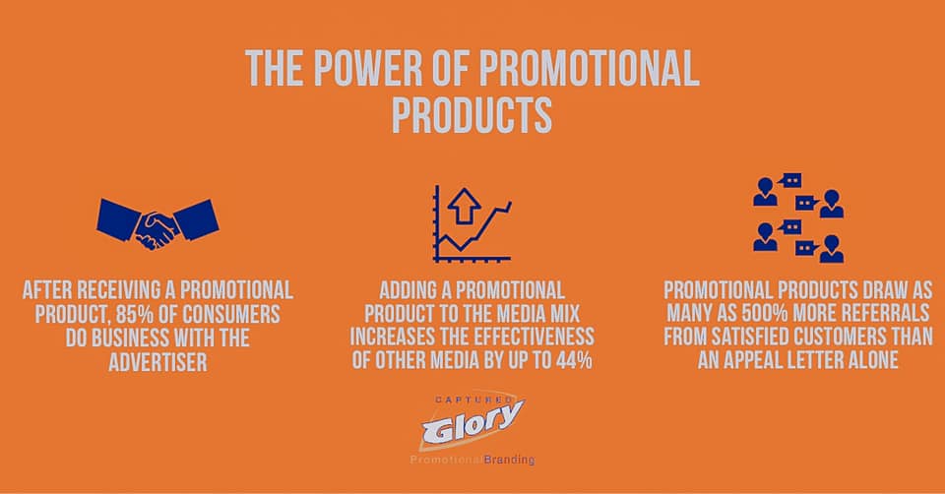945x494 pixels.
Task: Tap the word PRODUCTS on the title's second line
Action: pos(472,115)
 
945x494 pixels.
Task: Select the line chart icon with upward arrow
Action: pos(472,223)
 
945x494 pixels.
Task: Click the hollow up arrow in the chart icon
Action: pos(464,206)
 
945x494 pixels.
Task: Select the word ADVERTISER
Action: pos(157,362)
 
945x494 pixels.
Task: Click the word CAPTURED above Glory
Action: pos(473,400)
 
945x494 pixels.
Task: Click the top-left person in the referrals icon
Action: pos(766,192)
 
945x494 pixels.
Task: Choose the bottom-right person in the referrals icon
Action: pos(832,249)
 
